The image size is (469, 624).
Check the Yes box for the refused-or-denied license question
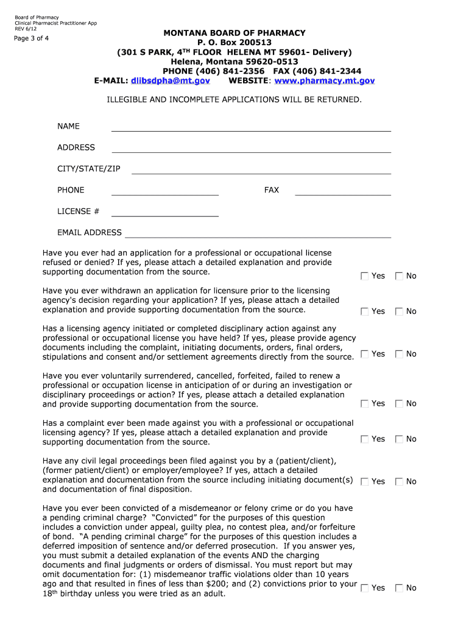coord(364,276)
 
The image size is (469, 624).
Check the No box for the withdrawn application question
coord(399,311)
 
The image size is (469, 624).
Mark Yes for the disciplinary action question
coord(364,354)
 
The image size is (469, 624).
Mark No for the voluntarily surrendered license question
coord(399,403)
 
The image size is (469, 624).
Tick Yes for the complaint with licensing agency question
coord(364,439)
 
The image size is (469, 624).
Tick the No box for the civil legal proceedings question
coord(399,481)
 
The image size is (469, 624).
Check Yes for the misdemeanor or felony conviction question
coord(364,588)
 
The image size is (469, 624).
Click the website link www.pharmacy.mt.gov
coord(325,80)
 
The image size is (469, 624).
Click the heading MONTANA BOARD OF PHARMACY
coord(234,33)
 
